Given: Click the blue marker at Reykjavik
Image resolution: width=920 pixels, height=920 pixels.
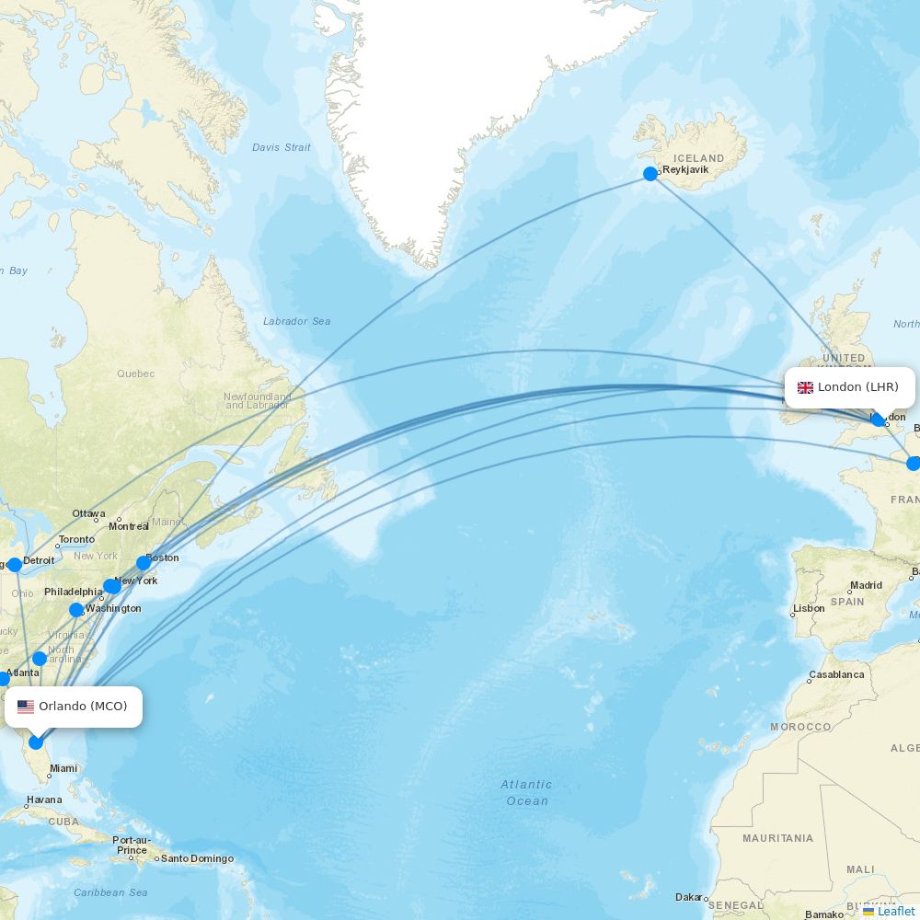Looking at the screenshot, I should coord(650,173).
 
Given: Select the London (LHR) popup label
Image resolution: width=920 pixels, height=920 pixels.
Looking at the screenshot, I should coord(849,387).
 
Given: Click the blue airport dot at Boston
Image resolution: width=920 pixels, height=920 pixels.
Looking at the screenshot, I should coord(144,563).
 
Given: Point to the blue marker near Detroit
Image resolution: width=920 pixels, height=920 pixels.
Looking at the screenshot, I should coord(15,565).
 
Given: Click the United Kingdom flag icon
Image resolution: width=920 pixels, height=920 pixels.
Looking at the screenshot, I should coord(805,387).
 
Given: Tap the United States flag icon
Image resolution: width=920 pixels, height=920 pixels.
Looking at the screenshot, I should coord(26,707).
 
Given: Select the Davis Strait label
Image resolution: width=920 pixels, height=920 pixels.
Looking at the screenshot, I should coord(282,147).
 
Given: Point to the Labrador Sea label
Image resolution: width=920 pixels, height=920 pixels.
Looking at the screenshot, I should coord(296,321).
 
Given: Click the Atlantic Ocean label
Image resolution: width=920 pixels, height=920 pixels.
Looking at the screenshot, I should coord(527,792).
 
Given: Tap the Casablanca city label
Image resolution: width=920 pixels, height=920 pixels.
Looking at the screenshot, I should coord(837,675).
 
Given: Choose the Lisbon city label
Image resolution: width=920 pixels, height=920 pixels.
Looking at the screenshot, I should coord(810,609).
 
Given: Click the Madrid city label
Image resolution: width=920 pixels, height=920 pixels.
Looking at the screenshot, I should coord(867,585).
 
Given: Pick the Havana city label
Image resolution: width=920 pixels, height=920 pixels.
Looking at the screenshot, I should coord(44,799).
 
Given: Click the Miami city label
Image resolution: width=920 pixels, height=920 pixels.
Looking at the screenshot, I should coord(64,768).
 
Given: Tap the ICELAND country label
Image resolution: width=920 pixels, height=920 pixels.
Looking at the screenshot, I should coord(699,158).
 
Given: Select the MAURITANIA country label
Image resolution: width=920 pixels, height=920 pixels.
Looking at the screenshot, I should coord(778,838).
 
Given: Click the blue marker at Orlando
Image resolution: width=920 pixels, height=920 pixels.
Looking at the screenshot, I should coord(36,742).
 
